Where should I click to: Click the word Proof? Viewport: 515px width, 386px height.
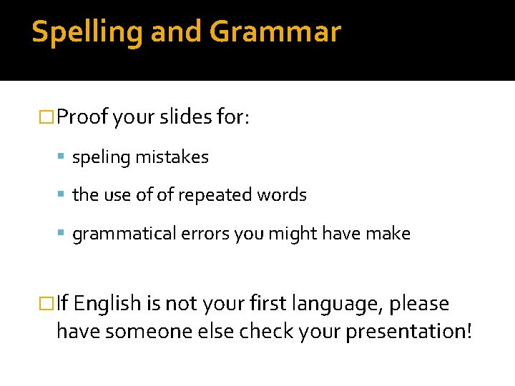pos(84,117)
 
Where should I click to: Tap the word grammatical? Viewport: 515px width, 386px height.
pos(115,234)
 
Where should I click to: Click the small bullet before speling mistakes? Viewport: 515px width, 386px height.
pos(64,157)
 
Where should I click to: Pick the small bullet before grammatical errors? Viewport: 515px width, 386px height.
pos(64,234)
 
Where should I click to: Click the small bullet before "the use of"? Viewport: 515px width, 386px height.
pos(64,195)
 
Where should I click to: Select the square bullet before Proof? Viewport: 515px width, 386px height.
pos(49,117)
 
